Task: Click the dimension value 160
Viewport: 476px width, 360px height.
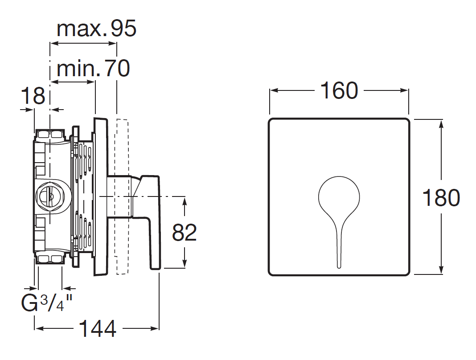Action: point(339,90)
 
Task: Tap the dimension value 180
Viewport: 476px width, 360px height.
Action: point(441,198)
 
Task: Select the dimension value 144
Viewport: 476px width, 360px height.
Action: point(98,328)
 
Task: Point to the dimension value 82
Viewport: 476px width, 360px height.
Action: point(184,233)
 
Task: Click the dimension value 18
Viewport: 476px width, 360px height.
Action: point(33,96)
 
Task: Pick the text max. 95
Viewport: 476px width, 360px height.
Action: point(97,29)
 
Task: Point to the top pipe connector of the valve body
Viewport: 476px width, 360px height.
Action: point(50,135)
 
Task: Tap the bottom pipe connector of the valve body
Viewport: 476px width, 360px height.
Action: point(50,258)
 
